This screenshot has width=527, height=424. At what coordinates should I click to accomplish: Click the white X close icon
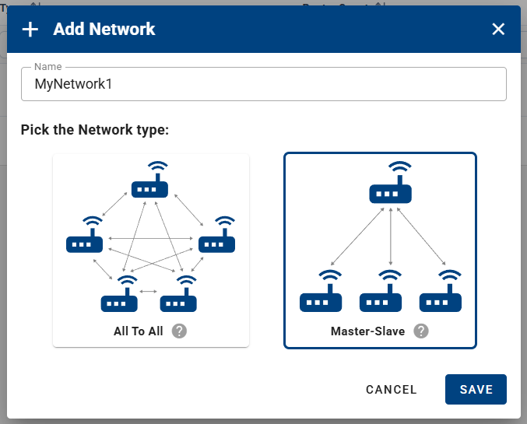click(498, 30)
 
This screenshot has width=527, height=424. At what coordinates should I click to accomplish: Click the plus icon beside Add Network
click(30, 30)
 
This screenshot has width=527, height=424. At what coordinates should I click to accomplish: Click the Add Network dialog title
click(104, 30)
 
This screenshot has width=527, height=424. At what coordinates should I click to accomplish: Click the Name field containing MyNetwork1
click(263, 84)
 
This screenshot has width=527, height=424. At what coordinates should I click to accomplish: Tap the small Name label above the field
click(48, 67)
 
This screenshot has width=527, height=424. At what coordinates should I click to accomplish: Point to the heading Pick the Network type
click(95, 129)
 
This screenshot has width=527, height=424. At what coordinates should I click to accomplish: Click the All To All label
click(139, 331)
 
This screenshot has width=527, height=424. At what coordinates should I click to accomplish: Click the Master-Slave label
click(367, 331)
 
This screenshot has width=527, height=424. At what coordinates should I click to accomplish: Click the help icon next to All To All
click(179, 331)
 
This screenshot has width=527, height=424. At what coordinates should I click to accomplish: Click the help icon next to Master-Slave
click(421, 331)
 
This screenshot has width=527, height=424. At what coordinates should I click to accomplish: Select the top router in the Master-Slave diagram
click(389, 187)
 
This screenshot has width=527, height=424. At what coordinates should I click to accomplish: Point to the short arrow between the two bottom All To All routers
click(148, 291)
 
